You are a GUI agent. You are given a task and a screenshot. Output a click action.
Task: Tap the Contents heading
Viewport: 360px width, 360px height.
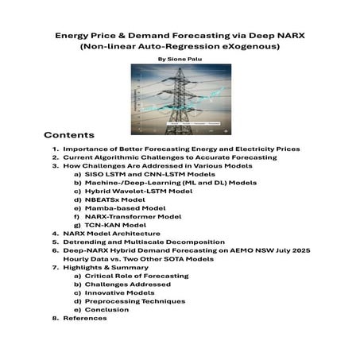(69, 134)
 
